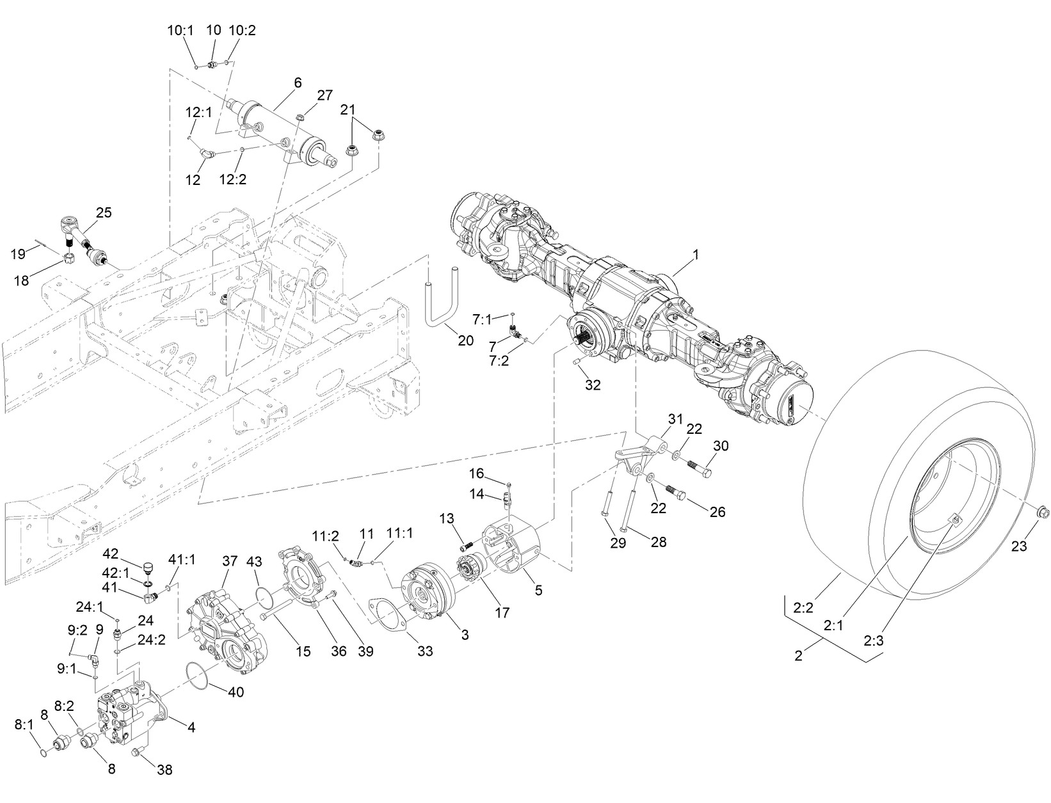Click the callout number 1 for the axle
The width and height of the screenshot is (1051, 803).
coord(695,255)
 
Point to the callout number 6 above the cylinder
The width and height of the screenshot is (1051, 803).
coord(298,83)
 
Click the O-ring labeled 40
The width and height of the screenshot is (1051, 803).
coord(199,677)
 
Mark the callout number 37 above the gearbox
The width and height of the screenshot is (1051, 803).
coord(230,561)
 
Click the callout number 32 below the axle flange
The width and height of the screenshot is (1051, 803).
coord(593,385)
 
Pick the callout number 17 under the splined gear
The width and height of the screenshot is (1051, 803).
coord(502,612)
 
